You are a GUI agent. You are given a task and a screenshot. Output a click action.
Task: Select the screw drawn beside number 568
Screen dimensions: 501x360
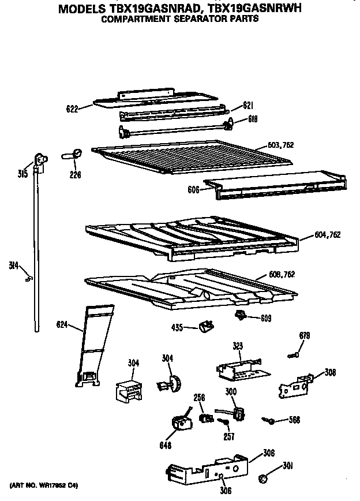click(x=268, y=421)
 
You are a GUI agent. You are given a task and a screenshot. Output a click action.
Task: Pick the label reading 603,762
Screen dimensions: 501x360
click(x=281, y=144)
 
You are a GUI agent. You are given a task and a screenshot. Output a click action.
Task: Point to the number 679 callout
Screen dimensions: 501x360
click(x=305, y=336)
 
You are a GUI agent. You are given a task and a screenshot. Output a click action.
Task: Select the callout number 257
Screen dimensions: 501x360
click(x=228, y=437)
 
